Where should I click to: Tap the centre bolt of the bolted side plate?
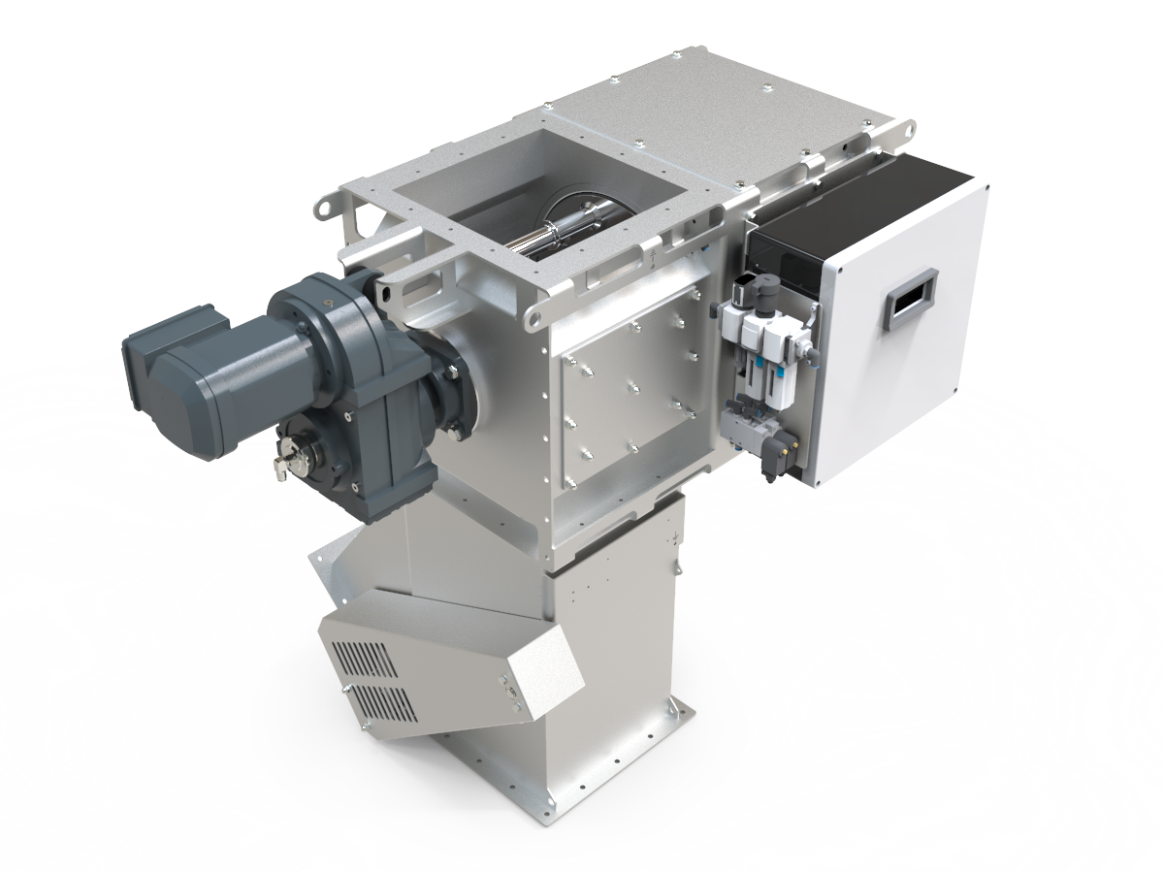pyautogui.click(x=632, y=388)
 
